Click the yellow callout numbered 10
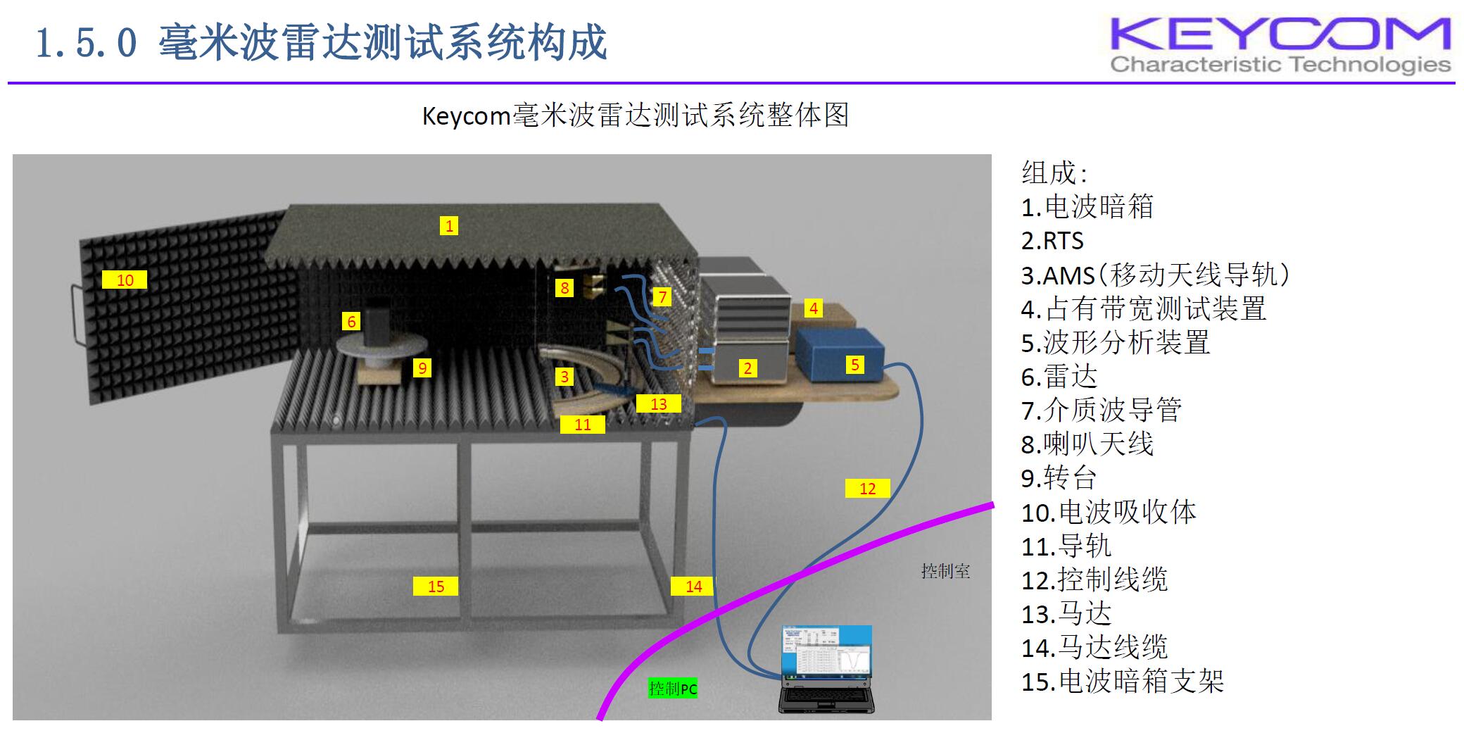point(125,280)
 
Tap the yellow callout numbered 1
point(448,225)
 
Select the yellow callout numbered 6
point(351,322)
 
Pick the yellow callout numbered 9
point(422,368)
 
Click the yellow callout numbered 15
point(436,586)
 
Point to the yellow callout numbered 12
point(867,488)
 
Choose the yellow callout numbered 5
point(854,364)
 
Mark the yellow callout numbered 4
point(814,308)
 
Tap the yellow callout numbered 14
point(693,586)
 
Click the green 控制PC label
point(673,688)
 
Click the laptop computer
point(826,669)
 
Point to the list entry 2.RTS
point(1052,241)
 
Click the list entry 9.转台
point(1059,478)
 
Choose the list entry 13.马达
point(1066,614)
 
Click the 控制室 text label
point(945,571)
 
